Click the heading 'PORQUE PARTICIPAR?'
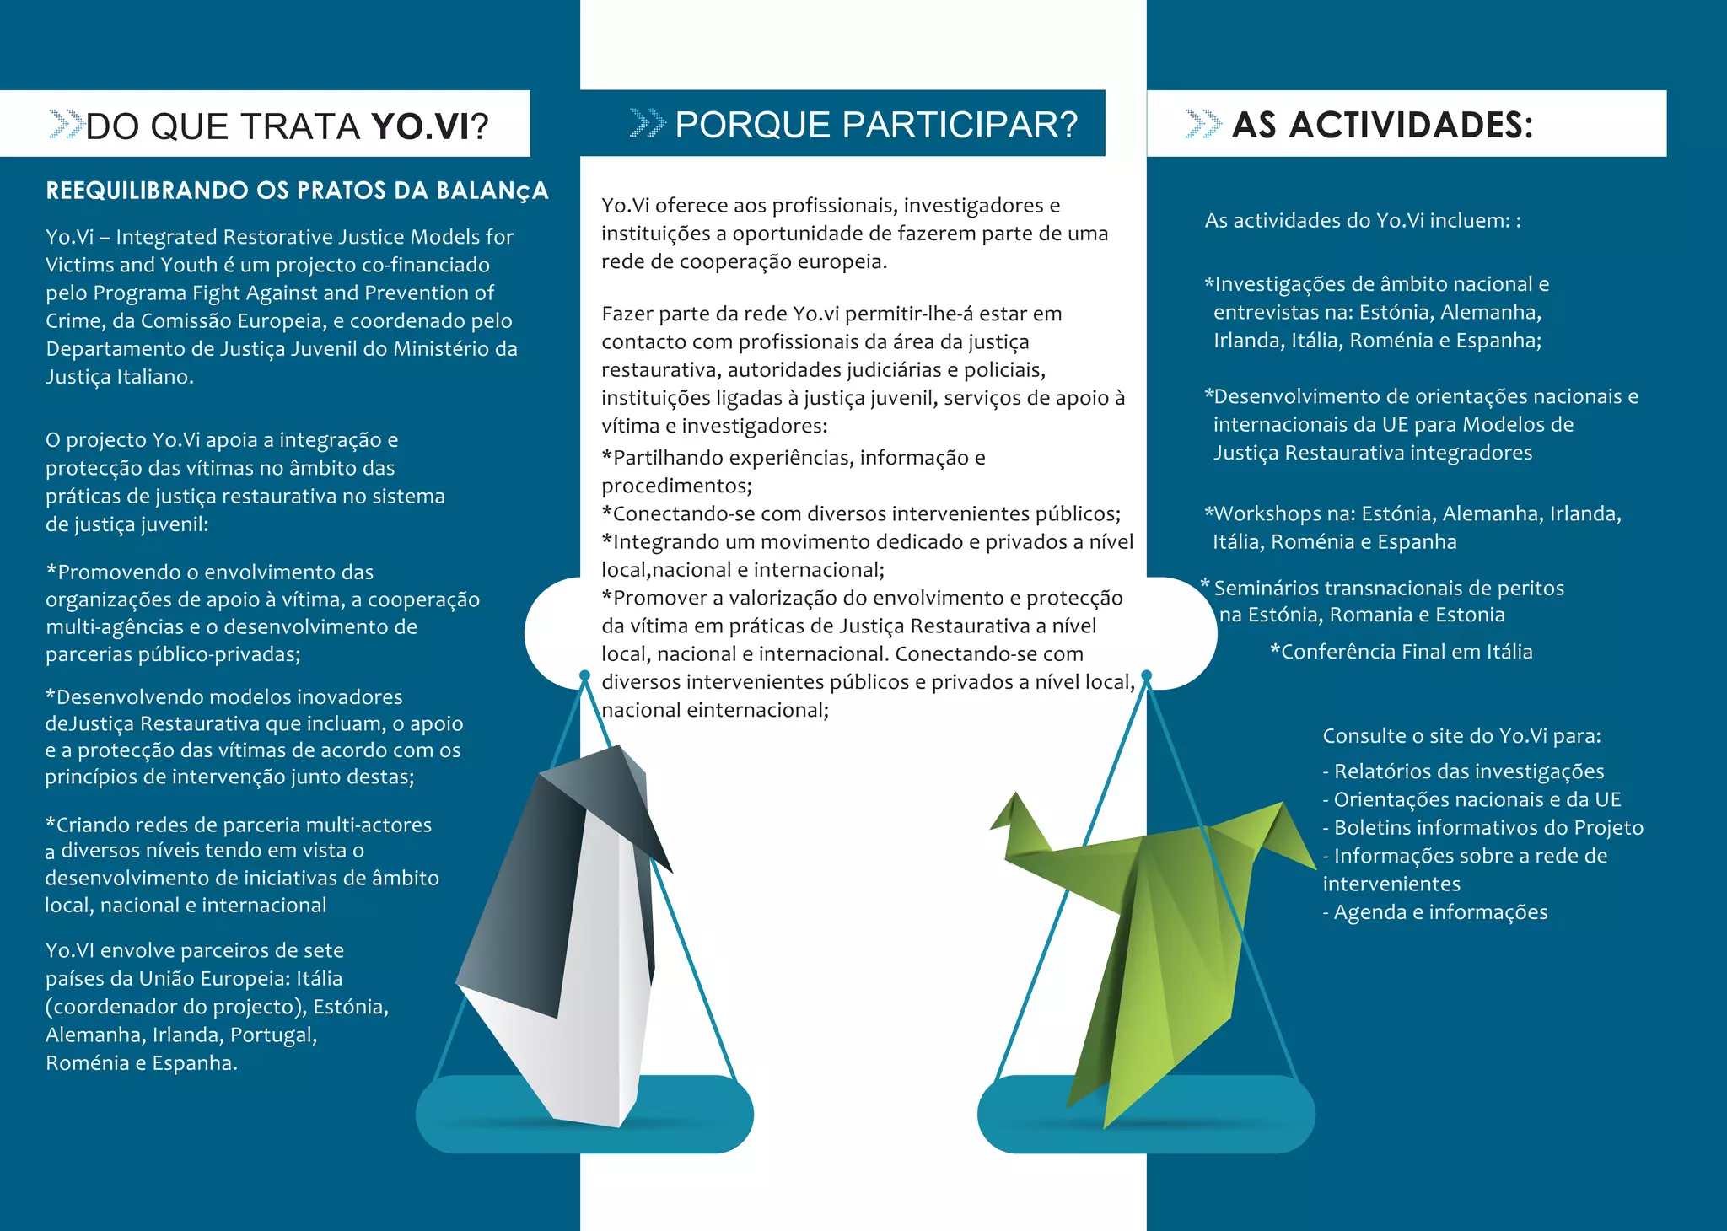(876, 125)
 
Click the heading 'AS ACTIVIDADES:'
(1382, 125)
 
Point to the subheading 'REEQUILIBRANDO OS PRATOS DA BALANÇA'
(297, 191)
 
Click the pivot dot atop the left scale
(584, 675)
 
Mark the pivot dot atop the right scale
(1146, 675)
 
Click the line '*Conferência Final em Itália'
(1401, 652)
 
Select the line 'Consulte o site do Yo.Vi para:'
(1461, 736)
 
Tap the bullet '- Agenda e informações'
(1434, 912)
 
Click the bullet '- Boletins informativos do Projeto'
(1482, 828)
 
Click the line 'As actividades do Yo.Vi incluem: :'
(1363, 221)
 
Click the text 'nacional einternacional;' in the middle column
(715, 710)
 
